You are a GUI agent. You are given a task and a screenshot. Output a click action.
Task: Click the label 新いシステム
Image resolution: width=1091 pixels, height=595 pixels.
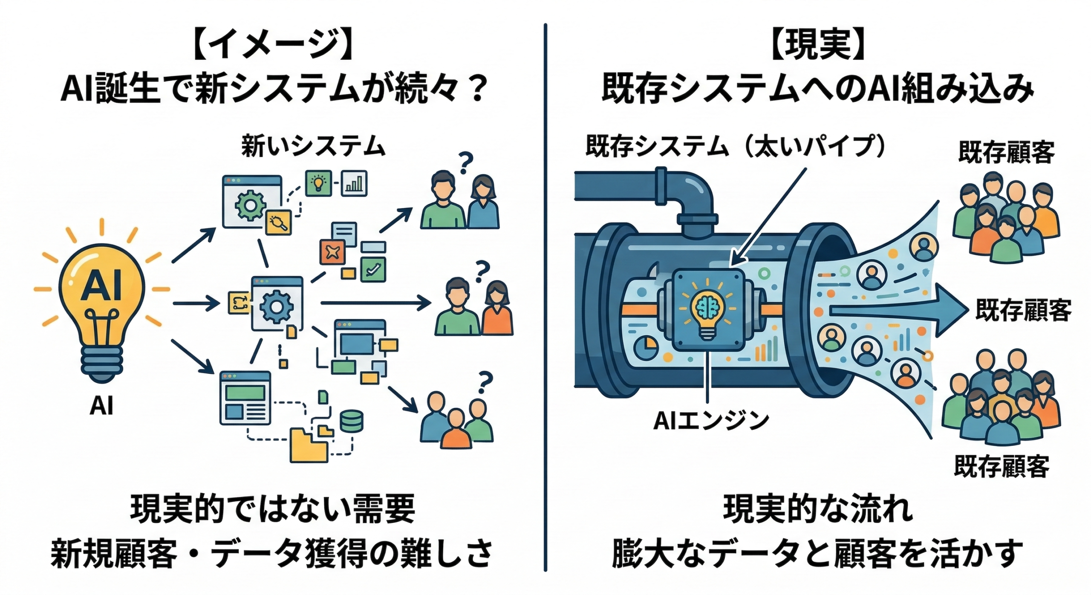(x=313, y=146)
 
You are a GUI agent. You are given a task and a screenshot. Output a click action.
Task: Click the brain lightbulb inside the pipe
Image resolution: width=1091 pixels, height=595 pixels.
(x=707, y=309)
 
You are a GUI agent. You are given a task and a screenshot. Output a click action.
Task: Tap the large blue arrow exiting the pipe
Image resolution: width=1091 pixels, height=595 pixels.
(x=895, y=310)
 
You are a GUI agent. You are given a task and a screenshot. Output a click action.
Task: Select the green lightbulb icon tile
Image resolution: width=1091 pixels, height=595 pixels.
(x=318, y=183)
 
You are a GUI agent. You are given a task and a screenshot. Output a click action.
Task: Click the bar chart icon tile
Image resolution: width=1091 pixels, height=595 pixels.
(x=354, y=183)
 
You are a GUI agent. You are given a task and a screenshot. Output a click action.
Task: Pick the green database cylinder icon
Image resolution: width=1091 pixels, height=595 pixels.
(x=351, y=421)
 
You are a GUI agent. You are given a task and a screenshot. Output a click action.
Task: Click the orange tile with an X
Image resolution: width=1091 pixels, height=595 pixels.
(x=332, y=252)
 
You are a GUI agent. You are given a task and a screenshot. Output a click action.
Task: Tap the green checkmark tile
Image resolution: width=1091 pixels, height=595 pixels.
(x=373, y=269)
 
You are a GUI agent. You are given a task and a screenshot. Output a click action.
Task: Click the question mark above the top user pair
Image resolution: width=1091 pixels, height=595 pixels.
(x=465, y=163)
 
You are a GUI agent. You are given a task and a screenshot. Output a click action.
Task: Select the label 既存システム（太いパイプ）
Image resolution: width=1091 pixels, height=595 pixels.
(x=736, y=146)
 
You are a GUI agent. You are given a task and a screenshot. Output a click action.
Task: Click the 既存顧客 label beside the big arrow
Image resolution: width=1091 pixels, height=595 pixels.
(x=1023, y=310)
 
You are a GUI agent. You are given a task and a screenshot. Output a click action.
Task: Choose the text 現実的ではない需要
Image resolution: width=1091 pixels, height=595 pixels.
(x=273, y=508)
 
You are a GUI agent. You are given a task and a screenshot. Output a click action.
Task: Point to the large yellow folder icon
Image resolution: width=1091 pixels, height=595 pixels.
(x=309, y=445)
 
